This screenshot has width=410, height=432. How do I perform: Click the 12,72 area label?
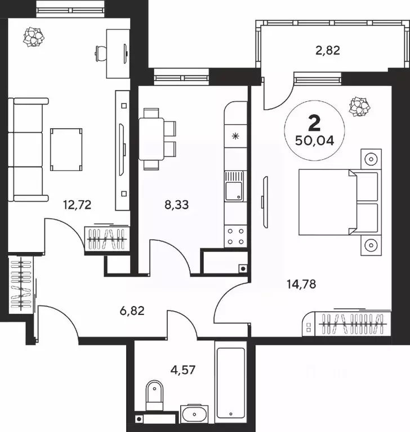coord(77,205)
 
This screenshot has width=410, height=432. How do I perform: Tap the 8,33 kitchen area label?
coord(177,205)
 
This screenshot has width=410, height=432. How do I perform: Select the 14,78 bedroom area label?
coord(301,284)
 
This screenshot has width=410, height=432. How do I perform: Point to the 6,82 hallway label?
coord(132,310)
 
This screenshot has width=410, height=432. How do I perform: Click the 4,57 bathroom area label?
coord(183,370)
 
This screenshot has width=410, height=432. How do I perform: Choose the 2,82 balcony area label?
coord(328,51)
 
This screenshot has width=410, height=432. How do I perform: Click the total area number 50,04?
coord(314,141)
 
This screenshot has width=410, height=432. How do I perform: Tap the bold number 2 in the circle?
coord(314,123)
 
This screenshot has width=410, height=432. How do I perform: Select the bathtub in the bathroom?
coord(231,383)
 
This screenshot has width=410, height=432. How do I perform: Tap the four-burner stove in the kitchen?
coord(235,236)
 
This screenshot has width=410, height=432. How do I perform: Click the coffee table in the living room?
coord(66,149)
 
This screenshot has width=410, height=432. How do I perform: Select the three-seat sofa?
coord(28,150)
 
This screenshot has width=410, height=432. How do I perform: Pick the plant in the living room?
coord(33,37)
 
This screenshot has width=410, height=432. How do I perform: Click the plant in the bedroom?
coord(359,107)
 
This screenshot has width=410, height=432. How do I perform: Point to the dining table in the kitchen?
coord(151,139)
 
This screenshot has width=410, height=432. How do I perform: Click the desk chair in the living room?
coord(101,53)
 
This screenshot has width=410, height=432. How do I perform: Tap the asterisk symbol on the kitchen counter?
coord(235,136)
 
